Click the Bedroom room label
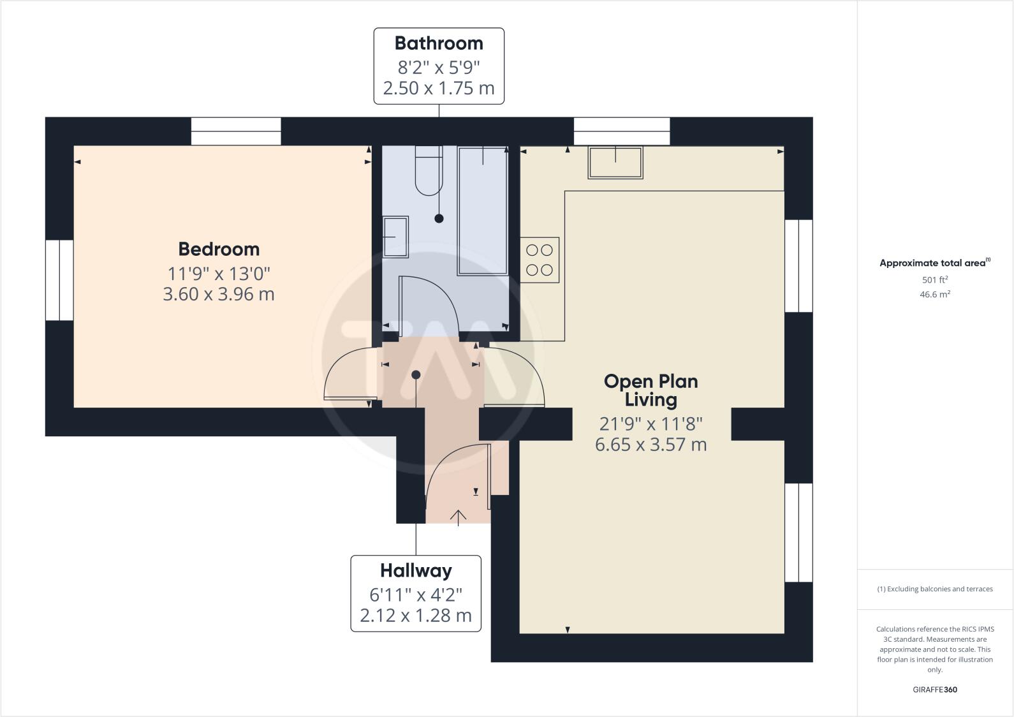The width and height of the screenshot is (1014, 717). (219, 249)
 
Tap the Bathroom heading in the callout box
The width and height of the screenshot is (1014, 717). (439, 43)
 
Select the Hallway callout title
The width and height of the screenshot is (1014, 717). (416, 570)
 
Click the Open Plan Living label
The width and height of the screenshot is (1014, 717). (650, 390)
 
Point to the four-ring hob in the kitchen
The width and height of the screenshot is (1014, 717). (540, 260)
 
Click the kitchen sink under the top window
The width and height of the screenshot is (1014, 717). (615, 163)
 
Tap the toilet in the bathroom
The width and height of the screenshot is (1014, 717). (429, 171)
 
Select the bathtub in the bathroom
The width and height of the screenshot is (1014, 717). (482, 211)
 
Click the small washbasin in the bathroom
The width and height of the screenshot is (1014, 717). (395, 237)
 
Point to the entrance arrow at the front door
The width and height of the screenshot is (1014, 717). (459, 516)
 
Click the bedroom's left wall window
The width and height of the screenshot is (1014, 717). (59, 280)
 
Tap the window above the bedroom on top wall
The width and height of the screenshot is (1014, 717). (236, 131)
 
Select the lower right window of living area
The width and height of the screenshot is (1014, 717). (798, 533)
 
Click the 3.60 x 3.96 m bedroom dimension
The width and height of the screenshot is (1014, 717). (219, 294)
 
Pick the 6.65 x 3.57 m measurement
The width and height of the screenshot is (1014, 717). (650, 445)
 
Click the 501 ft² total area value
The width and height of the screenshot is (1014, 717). (934, 279)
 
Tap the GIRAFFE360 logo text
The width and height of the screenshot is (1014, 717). (934, 690)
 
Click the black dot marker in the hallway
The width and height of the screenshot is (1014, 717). (416, 374)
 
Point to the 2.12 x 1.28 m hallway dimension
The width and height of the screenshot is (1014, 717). (416, 616)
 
